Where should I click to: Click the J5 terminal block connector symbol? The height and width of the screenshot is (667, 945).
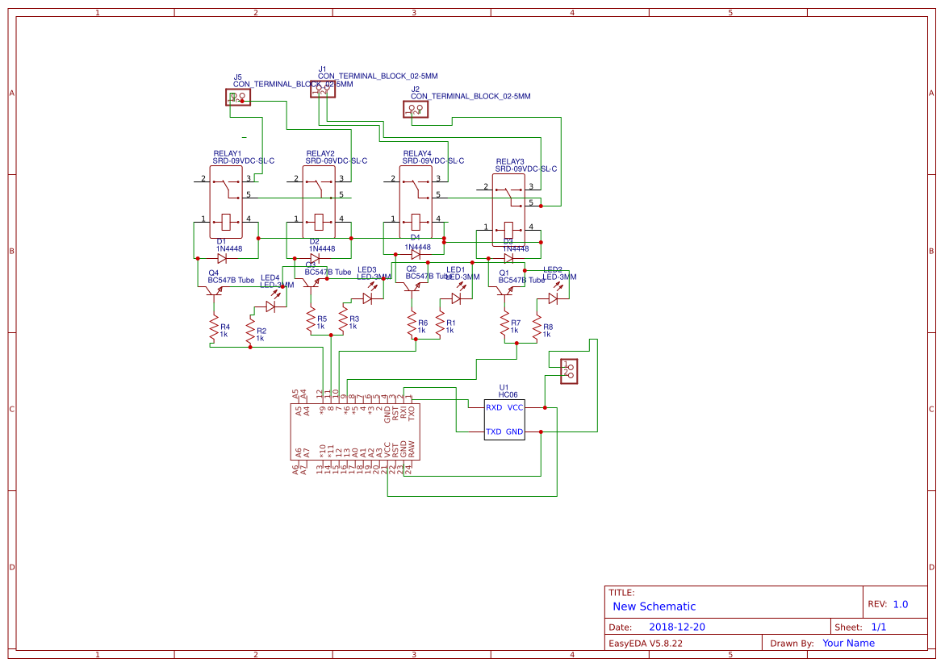[237, 98]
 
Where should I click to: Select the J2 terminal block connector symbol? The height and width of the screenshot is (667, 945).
[416, 109]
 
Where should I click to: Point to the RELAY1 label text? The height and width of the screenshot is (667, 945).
[227, 153]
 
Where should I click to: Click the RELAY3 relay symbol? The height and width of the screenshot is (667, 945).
[508, 209]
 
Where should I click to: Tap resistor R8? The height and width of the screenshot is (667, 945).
[537, 331]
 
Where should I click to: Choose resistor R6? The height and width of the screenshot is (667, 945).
[412, 326]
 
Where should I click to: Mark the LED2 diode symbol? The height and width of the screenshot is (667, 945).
[553, 298]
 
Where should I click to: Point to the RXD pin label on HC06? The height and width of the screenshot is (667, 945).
[494, 408]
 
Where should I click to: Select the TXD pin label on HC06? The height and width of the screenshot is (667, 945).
[494, 432]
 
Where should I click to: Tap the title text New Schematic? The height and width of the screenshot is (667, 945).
[654, 607]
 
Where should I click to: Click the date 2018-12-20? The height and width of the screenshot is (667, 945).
[677, 627]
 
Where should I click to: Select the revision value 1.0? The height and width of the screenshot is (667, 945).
[900, 604]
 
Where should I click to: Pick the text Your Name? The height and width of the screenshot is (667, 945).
[848, 643]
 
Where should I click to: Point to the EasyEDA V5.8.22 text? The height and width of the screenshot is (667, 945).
[645, 643]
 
